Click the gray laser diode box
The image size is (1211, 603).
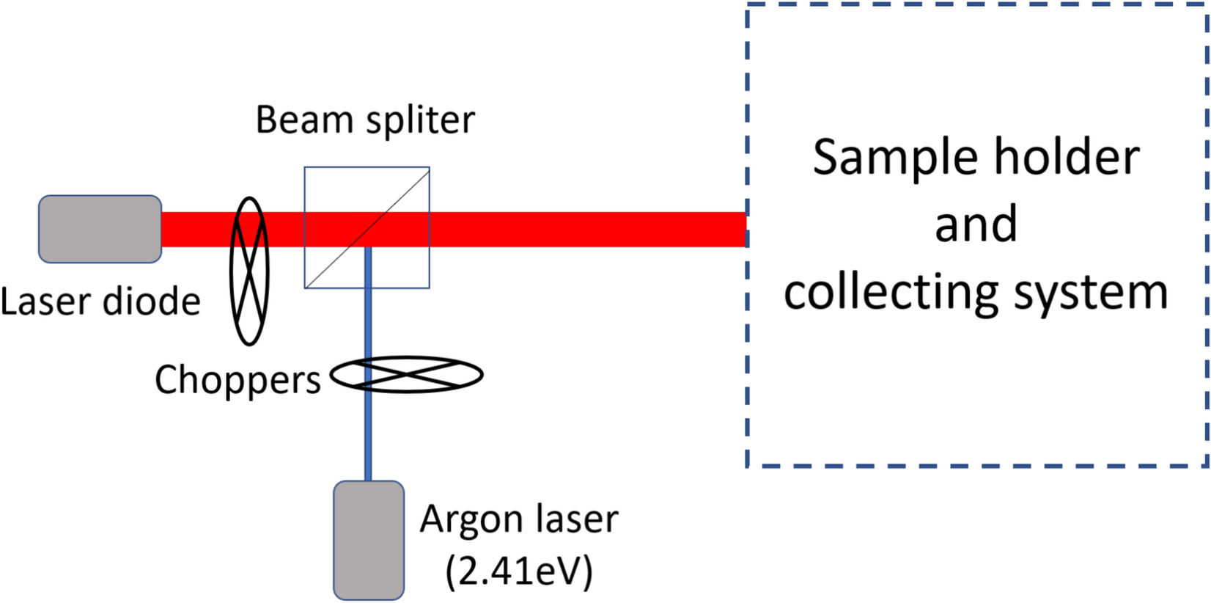[100, 229]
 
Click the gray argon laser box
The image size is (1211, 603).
[369, 540]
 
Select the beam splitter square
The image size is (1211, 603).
[367, 227]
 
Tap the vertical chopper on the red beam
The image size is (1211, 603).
[249, 271]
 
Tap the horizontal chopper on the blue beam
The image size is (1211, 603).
[407, 375]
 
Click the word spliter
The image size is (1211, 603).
[420, 120]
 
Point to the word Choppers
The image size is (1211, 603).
[238, 381]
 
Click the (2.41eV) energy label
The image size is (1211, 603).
[519, 571]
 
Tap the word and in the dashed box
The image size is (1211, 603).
[976, 224]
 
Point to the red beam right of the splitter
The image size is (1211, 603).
[586, 229]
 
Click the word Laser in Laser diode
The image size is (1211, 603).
[46, 301]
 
